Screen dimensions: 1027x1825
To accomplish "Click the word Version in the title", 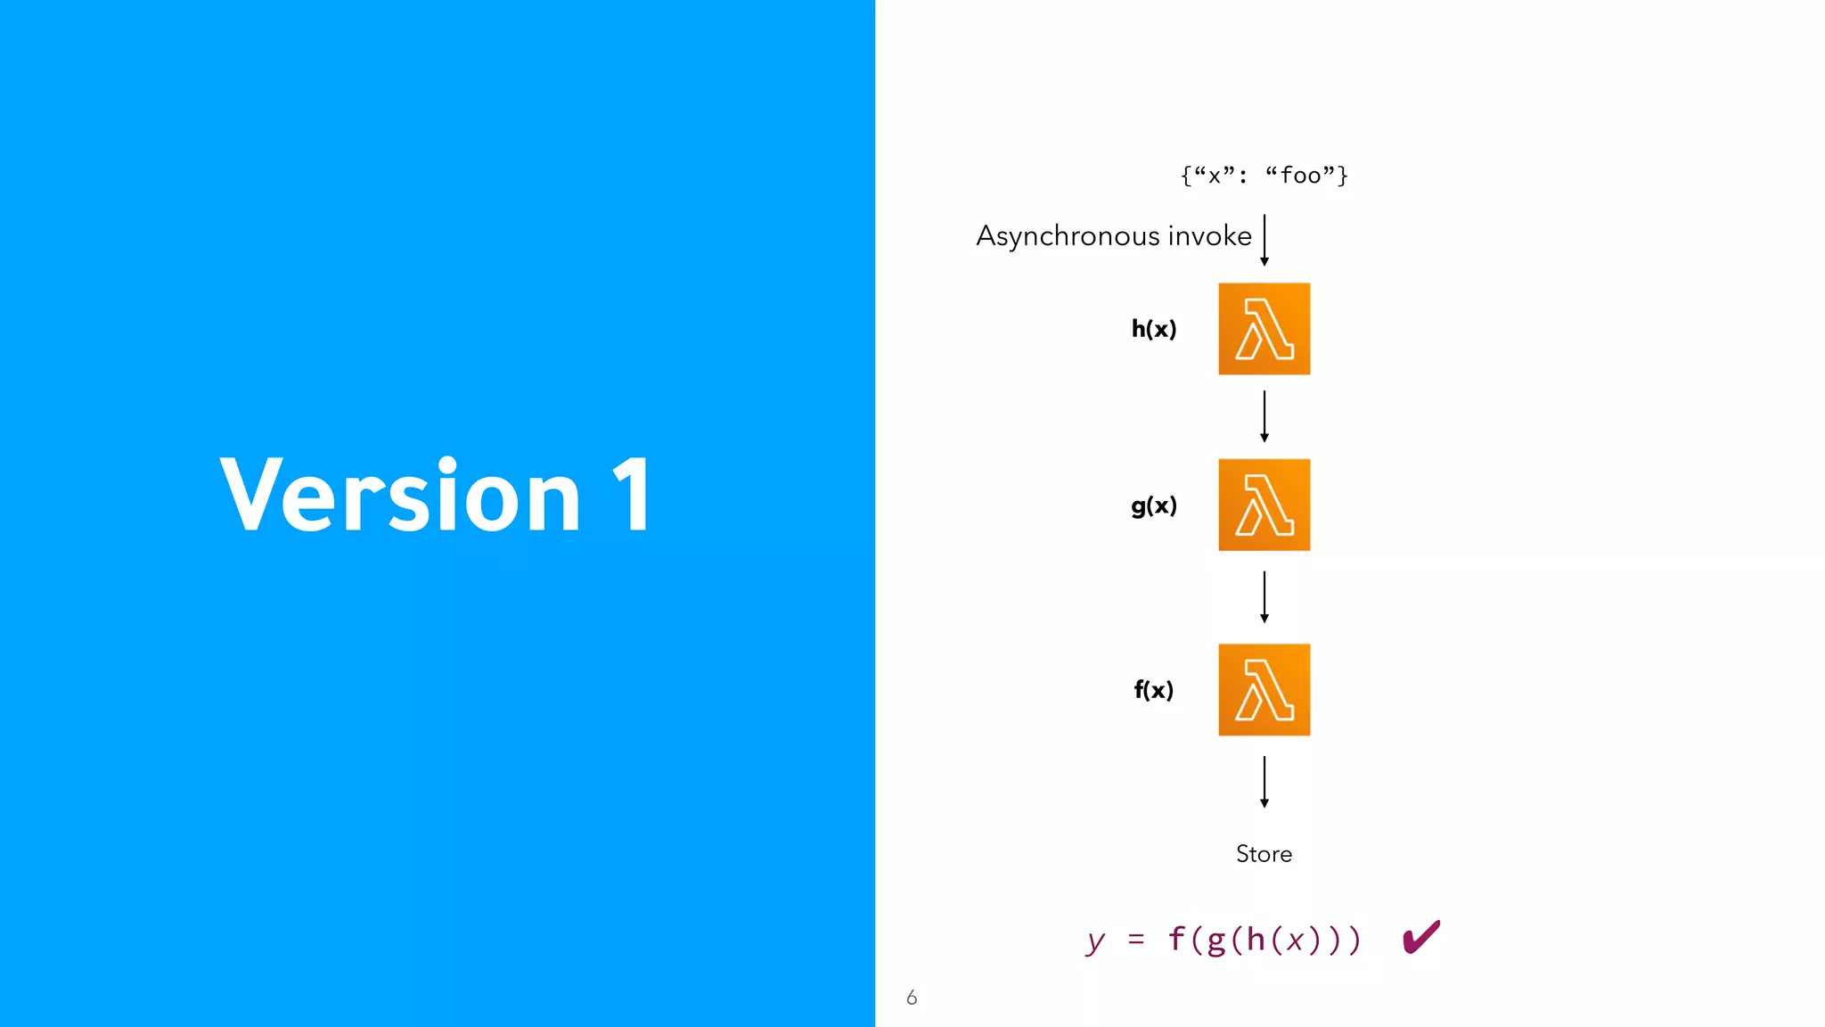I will pyautogui.click(x=400, y=495).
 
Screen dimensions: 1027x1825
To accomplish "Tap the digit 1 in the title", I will pyautogui.click(x=632, y=495).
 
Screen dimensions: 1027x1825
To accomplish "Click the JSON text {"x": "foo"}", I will pyautogui.click(x=1264, y=175).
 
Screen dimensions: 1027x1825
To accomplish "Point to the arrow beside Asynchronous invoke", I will pyautogui.click(x=1264, y=240).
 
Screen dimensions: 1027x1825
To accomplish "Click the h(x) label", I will pyautogui.click(x=1154, y=329).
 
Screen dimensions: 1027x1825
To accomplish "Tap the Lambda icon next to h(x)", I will pyautogui.click(x=1264, y=329).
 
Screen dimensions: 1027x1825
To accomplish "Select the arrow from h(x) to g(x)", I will pyautogui.click(x=1264, y=416).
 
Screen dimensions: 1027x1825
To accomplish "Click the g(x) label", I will pyautogui.click(x=1154, y=505).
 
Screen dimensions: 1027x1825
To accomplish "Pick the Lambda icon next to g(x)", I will pyautogui.click(x=1264, y=505).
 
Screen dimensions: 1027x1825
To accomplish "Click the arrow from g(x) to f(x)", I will pyautogui.click(x=1264, y=597).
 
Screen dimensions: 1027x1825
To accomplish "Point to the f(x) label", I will pyautogui.click(x=1154, y=690).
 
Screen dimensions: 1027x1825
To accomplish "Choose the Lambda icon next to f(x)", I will pyautogui.click(x=1264, y=690).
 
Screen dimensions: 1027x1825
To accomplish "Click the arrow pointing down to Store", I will pyautogui.click(x=1264, y=782).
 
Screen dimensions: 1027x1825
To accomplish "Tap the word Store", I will pyautogui.click(x=1264, y=854).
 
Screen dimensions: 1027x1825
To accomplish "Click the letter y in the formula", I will pyautogui.click(x=1096, y=941).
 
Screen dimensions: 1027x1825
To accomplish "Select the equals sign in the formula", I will pyautogui.click(x=1135, y=940).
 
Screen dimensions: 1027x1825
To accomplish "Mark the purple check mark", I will pyautogui.click(x=1420, y=937).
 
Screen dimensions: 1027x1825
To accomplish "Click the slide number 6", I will pyautogui.click(x=912, y=998).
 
